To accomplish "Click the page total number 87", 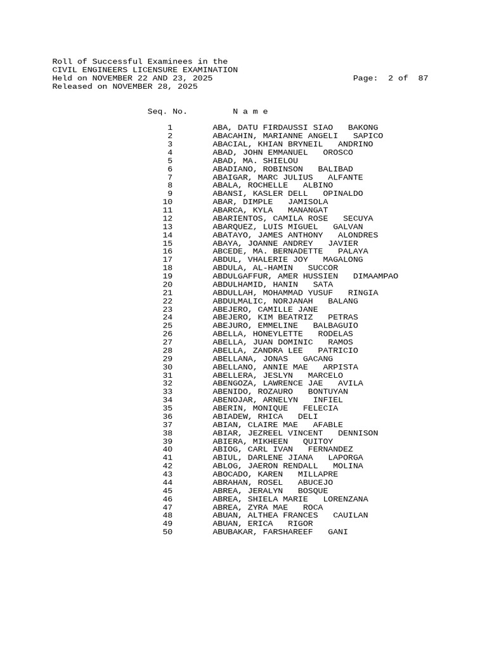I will point(423,78).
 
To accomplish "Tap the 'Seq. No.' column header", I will point(167,111).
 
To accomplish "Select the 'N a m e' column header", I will point(250,111).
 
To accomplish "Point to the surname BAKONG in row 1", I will point(363,127).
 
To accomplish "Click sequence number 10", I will point(167,202).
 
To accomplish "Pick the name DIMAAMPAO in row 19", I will point(375,276).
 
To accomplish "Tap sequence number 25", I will point(167,325).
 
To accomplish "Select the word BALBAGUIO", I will point(335,325).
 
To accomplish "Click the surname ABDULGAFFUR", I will point(242,276).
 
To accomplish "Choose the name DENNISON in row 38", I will point(358,433).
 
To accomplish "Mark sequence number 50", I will point(167,532).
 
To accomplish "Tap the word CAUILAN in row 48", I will point(350,515).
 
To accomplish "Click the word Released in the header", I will point(72,86).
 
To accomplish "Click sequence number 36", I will point(167,416).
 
